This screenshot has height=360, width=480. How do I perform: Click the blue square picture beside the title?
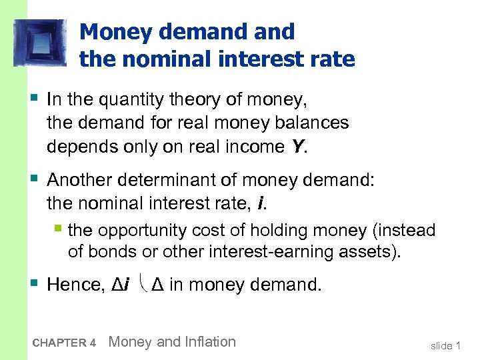click(x=40, y=43)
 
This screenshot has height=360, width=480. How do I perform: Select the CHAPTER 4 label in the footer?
click(x=64, y=343)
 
